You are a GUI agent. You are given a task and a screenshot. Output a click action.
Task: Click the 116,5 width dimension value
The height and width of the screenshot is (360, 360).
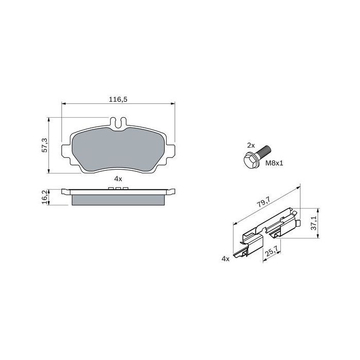click(118, 99)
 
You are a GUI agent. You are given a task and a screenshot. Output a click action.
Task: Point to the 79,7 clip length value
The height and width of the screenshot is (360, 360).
click(263, 202)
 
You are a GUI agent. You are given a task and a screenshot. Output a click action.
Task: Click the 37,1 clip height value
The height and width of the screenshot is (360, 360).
click(314, 223)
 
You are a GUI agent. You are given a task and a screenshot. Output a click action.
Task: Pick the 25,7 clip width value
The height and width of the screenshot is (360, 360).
click(272, 251)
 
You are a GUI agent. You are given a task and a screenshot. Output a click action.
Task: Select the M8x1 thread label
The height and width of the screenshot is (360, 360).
click(274, 163)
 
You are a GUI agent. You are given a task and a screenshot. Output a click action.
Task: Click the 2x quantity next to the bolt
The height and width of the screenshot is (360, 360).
click(251, 146)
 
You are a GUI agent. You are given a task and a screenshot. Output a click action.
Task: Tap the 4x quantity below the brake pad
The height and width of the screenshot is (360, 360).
click(118, 179)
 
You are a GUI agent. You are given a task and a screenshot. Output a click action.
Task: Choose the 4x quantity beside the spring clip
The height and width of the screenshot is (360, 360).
click(225, 259)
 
